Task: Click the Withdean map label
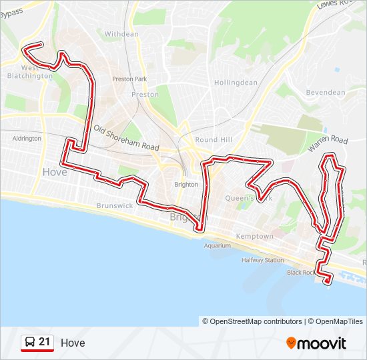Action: point(121,33)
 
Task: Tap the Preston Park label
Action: point(129,79)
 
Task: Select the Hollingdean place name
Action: point(236,83)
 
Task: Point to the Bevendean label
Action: point(326,92)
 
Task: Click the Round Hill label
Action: point(214,140)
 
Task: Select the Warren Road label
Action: point(328,141)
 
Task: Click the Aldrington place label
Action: point(27,139)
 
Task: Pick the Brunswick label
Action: point(114,206)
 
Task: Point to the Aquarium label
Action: point(218,245)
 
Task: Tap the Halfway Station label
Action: point(263,260)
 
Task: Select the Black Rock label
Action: point(300,272)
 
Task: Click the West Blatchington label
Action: point(29,72)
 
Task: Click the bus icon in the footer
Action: point(29,343)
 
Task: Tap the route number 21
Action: point(45,342)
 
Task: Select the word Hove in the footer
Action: point(73,343)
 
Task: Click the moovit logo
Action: point(316,343)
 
